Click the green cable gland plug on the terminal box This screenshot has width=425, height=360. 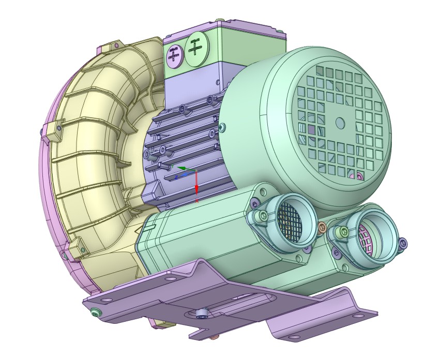pyautogui.click(x=195, y=50)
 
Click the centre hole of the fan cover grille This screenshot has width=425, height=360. pyautogui.click(x=340, y=122)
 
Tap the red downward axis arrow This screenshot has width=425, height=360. pyautogui.click(x=197, y=188)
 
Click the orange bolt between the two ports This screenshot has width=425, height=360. pyautogui.click(x=322, y=227)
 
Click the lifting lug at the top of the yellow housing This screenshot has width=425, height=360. pyautogui.click(x=110, y=49)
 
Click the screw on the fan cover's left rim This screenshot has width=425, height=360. pyautogui.click(x=222, y=127)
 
